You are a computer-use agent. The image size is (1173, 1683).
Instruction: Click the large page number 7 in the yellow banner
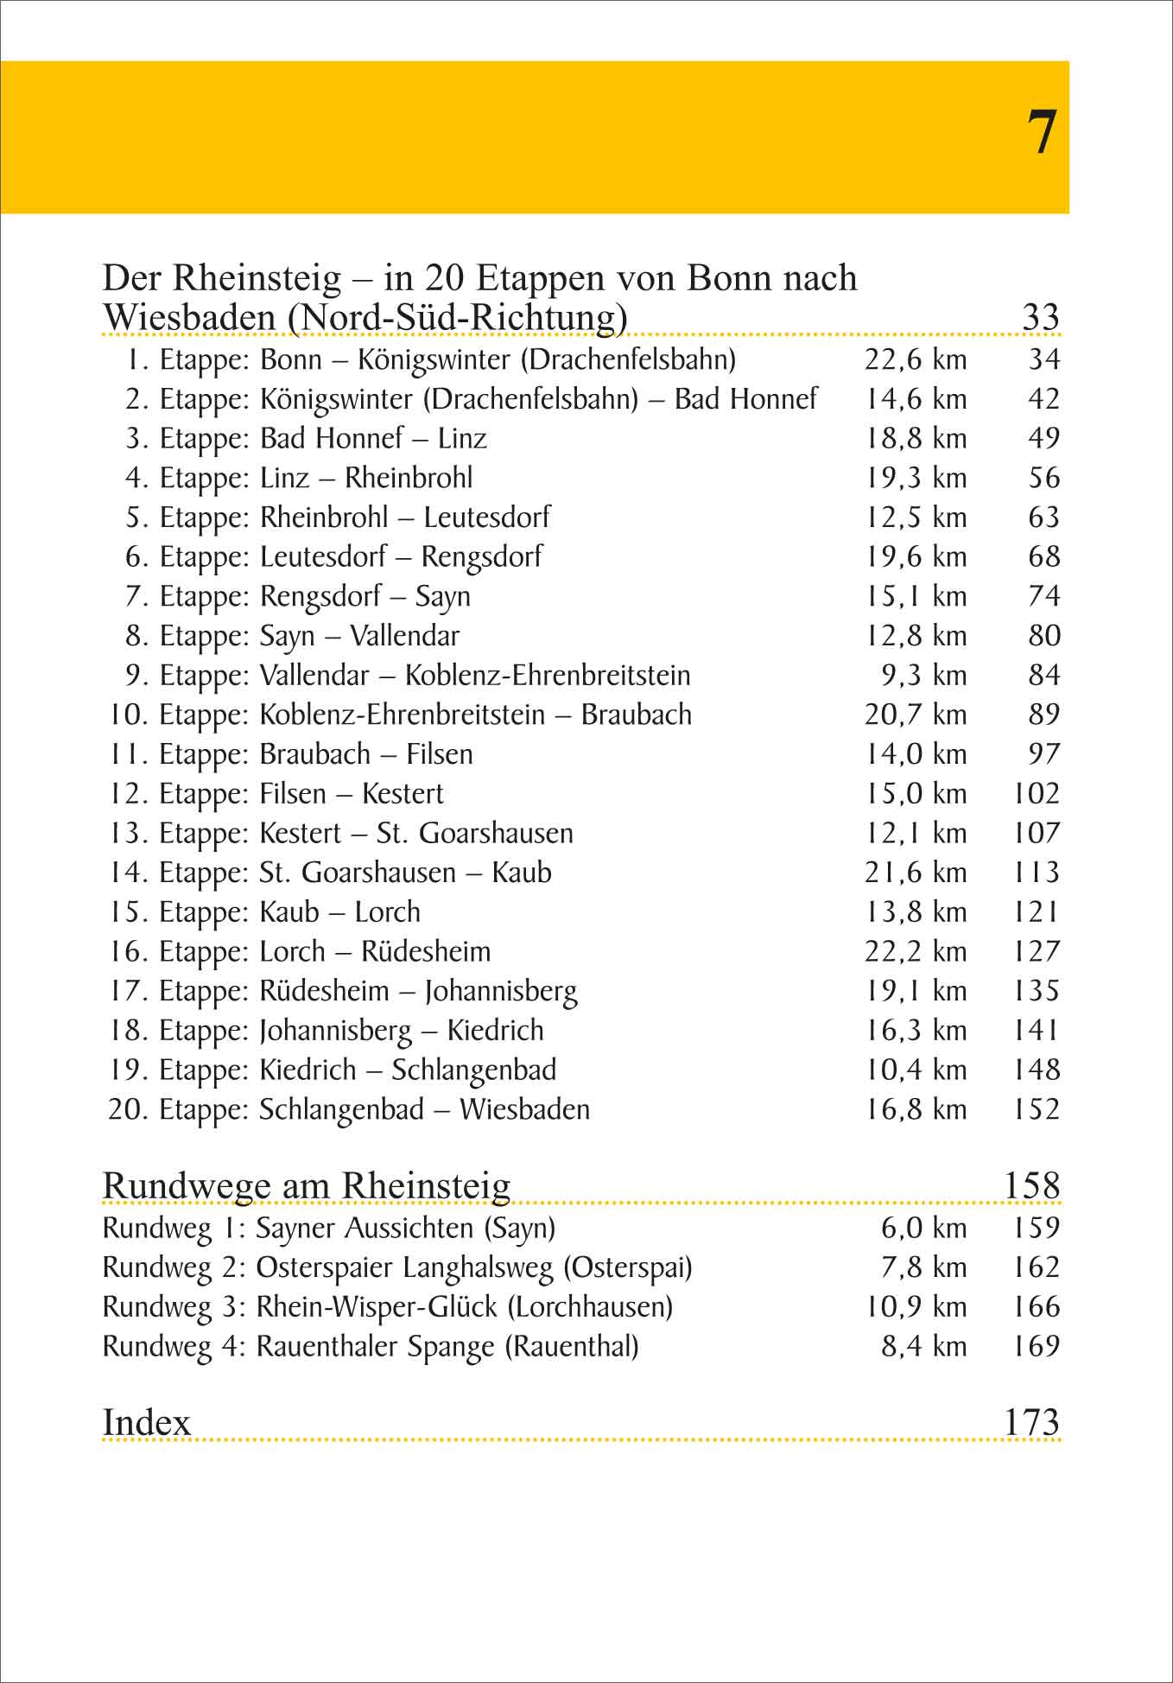(x=1042, y=133)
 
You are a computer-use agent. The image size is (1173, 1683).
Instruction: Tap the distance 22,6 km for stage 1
(x=916, y=359)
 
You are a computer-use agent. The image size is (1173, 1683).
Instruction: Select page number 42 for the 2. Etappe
(x=1043, y=399)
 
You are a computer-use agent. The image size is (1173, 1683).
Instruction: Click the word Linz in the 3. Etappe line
(x=461, y=439)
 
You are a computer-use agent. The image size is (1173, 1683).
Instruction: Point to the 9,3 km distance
(x=923, y=676)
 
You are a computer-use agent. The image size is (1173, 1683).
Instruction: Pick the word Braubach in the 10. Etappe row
(x=636, y=715)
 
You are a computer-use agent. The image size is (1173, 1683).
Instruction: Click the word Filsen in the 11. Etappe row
(x=440, y=754)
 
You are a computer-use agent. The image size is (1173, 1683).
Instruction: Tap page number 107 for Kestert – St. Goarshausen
(x=1036, y=834)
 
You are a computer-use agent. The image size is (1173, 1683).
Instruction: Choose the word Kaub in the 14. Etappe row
(x=521, y=873)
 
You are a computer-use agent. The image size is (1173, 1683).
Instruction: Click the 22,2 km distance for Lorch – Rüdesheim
(x=916, y=952)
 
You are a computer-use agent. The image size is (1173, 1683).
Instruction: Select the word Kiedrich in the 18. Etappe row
(x=495, y=1031)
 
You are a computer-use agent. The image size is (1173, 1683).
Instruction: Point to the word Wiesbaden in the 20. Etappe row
(x=524, y=1109)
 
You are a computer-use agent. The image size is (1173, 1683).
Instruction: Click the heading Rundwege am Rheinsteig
(x=306, y=1186)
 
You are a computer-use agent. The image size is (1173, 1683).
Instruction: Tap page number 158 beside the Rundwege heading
(x=1031, y=1186)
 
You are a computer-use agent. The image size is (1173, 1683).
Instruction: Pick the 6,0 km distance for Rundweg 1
(x=923, y=1229)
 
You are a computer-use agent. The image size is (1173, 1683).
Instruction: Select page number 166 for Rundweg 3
(x=1036, y=1307)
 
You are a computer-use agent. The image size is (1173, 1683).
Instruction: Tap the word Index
(x=146, y=1422)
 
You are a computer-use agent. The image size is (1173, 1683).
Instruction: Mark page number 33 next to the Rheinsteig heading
(x=1040, y=317)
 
